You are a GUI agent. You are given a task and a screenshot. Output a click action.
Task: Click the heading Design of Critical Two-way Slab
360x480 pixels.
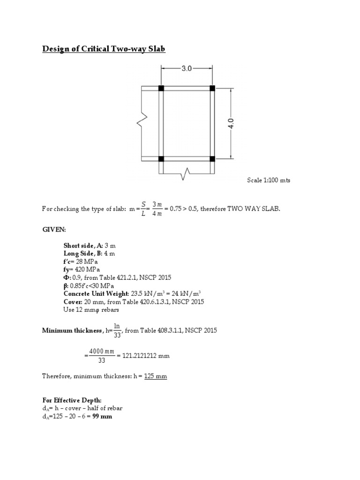[x=104, y=49]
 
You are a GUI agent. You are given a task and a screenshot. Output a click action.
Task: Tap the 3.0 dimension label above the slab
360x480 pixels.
[x=187, y=68]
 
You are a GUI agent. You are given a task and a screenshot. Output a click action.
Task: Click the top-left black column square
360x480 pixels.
[x=161, y=88]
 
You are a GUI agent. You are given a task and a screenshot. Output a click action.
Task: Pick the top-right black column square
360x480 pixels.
[x=212, y=88]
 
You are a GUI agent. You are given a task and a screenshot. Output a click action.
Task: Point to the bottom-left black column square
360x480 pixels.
[x=161, y=159]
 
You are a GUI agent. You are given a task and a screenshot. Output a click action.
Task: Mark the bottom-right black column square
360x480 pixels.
[x=212, y=159]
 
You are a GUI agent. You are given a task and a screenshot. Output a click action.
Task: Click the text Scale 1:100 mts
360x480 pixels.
[x=269, y=180]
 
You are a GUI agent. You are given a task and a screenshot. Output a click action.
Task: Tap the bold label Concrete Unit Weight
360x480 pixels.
[x=96, y=294]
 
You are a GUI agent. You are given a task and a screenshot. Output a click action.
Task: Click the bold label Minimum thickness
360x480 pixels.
[x=72, y=331]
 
